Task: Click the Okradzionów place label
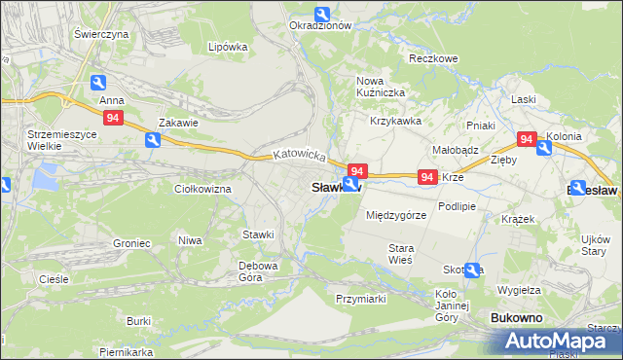tap(320, 26)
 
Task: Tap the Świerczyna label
tap(101, 33)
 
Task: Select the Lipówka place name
tap(228, 46)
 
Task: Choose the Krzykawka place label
tap(395, 121)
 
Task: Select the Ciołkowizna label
tap(202, 189)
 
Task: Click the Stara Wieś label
tap(401, 255)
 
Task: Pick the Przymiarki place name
tap(361, 299)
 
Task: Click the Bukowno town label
tap(517, 318)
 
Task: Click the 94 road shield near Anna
tap(114, 118)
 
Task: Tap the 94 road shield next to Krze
tap(426, 177)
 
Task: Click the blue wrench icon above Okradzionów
tap(322, 13)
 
